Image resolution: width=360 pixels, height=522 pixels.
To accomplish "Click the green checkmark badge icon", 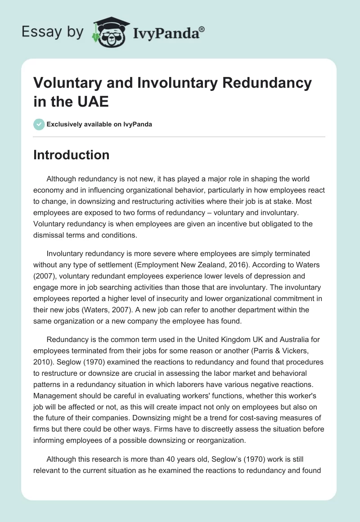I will [39, 124].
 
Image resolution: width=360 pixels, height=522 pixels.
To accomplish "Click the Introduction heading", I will [71, 155].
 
